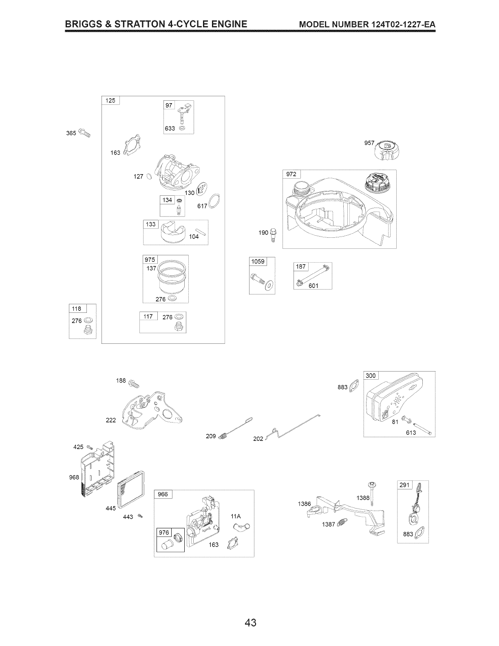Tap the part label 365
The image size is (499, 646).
(x=71, y=133)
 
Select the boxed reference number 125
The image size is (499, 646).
(x=110, y=101)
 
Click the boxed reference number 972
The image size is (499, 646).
(x=291, y=174)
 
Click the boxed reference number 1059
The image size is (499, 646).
(x=258, y=261)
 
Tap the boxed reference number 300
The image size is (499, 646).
(x=371, y=376)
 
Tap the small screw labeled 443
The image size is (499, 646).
(x=140, y=517)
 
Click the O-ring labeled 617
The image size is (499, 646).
(x=215, y=201)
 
